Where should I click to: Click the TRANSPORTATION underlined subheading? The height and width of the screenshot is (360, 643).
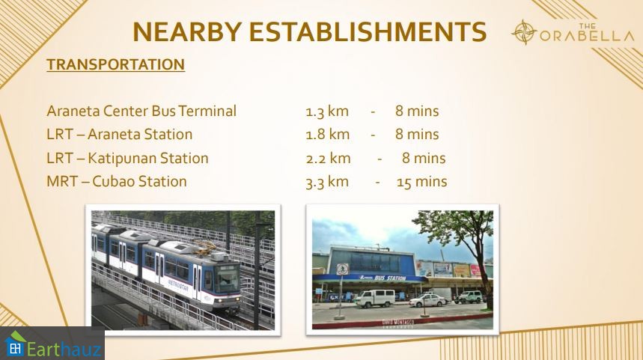(x=115, y=64)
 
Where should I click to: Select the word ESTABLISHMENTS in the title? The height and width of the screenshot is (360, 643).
(x=368, y=31)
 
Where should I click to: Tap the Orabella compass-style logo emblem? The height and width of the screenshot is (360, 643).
(x=524, y=32)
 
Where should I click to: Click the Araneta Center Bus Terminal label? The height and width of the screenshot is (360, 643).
(x=141, y=111)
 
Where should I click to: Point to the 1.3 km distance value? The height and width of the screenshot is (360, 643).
(x=327, y=112)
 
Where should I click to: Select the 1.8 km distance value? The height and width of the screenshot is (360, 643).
(x=327, y=135)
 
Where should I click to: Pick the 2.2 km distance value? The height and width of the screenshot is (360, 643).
(x=328, y=158)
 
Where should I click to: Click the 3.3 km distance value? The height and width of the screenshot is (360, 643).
(x=327, y=182)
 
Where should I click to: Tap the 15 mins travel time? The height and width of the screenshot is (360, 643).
(x=421, y=182)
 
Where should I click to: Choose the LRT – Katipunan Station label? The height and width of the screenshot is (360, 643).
(x=127, y=158)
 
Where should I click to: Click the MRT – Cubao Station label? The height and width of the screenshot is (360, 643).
(x=117, y=182)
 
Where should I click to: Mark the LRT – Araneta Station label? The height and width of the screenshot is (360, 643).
(x=119, y=135)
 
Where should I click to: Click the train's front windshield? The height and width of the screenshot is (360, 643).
(x=227, y=278)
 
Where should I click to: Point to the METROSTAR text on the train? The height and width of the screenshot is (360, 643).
(x=178, y=285)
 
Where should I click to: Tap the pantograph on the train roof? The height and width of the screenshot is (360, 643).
(x=205, y=247)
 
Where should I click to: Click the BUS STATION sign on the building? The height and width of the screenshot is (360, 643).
(x=389, y=278)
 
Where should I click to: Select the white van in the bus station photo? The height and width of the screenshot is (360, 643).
(x=375, y=298)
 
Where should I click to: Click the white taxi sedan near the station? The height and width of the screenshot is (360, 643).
(x=428, y=301)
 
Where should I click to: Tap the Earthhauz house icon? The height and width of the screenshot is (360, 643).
(x=15, y=344)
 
